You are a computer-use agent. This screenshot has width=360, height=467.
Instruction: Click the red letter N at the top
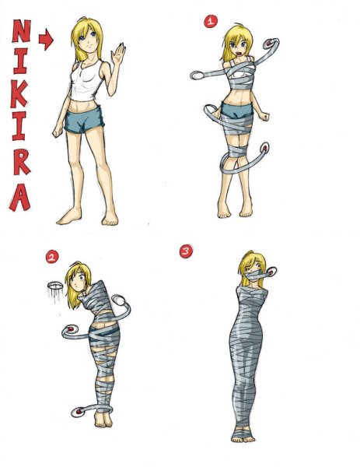point(22,31)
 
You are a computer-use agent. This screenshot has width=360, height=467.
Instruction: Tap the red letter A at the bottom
point(20,197)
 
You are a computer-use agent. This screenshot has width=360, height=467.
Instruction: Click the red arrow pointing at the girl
point(46,40)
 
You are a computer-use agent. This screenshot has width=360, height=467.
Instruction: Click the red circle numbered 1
point(211,22)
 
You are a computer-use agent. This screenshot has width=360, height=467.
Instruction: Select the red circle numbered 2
point(52,257)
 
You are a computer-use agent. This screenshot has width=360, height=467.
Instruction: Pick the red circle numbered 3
point(186,251)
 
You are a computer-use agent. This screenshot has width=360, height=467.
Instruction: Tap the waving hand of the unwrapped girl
point(118,54)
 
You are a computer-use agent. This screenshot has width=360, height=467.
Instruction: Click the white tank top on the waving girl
point(85,80)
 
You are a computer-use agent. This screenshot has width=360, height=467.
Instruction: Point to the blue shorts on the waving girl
point(84,120)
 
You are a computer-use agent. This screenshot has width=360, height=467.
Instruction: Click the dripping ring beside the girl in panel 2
point(55,286)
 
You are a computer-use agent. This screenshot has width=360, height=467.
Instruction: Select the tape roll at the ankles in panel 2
point(79,413)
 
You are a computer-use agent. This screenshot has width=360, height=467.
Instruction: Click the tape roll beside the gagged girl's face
point(271,272)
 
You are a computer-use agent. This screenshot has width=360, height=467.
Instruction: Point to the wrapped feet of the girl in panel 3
point(243,434)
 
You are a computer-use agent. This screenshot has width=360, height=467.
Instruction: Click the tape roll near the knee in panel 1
point(264,147)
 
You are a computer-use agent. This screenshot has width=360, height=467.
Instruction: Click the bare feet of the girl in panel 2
point(103,420)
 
